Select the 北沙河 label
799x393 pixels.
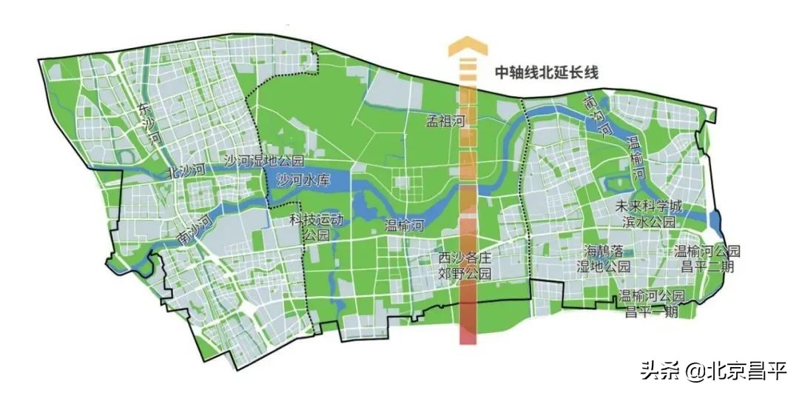click(185, 171)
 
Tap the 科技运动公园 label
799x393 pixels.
click(316, 227)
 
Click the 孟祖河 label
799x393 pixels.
click(445, 121)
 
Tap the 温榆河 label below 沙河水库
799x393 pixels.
click(404, 226)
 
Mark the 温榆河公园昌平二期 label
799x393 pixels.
click(707, 259)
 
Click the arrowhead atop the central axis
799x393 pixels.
click(468, 48)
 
